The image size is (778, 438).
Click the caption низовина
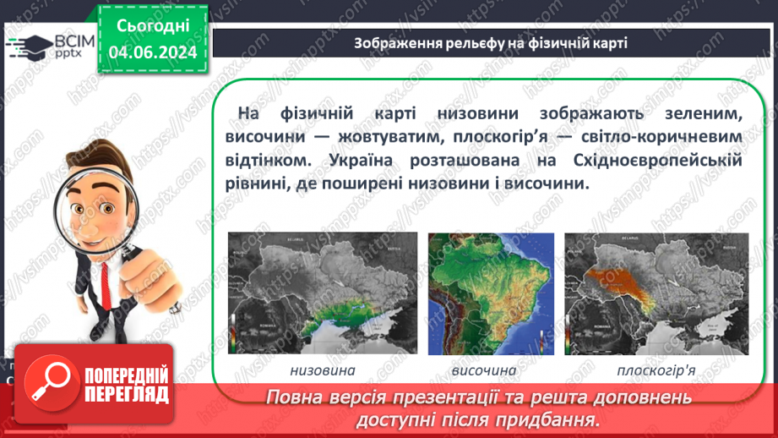coord(322,370)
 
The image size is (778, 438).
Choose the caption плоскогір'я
coord(656,370)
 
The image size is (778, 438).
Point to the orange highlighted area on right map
coord(620,283)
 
